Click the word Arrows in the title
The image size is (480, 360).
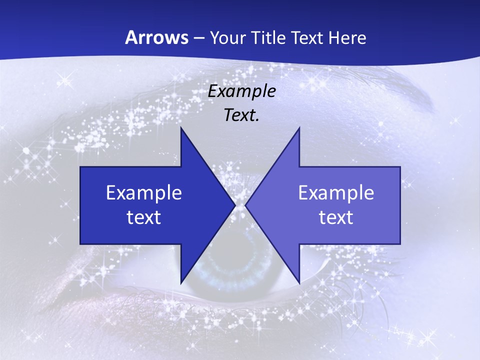156,37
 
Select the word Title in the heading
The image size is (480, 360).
269,38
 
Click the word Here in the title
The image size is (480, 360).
348,38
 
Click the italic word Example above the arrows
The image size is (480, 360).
241,91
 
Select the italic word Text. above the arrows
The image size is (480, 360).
240,115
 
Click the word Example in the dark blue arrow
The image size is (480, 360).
144,192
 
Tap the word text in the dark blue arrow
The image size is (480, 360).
144,217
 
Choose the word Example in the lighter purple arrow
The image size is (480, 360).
336,192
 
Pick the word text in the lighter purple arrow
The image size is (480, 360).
336,217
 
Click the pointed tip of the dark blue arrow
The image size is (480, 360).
235,205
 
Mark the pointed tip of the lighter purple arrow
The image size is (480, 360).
245,205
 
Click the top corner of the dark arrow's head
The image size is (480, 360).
181,128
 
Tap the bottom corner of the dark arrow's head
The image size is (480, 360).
181,283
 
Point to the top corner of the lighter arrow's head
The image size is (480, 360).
299,128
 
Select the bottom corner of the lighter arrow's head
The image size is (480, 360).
299,283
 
